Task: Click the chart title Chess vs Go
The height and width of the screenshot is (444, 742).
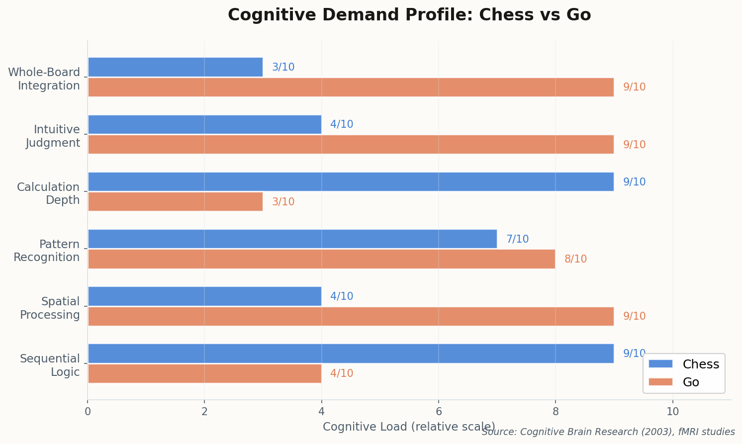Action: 409,15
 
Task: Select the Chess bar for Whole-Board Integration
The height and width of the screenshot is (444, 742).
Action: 175,67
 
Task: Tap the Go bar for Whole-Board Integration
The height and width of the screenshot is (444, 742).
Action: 351,87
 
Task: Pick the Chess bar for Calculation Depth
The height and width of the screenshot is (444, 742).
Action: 351,182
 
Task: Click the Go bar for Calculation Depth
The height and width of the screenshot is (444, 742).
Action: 175,202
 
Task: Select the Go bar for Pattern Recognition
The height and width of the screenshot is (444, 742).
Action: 321,259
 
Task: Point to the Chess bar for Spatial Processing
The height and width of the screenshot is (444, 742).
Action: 204,296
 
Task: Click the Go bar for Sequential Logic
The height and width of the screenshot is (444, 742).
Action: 204,373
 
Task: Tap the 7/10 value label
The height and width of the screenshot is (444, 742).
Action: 517,239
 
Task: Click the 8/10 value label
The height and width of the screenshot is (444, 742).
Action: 575,259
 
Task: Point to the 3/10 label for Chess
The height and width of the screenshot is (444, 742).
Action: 283,67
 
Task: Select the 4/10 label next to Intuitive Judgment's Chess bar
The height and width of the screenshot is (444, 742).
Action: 342,124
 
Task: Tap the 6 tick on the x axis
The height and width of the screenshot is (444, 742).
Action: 439,412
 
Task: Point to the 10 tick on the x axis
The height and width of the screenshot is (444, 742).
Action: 672,412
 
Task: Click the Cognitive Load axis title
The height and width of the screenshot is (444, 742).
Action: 409,427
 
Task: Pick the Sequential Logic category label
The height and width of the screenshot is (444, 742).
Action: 50,365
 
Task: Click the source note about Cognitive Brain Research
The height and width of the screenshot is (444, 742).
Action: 608,432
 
